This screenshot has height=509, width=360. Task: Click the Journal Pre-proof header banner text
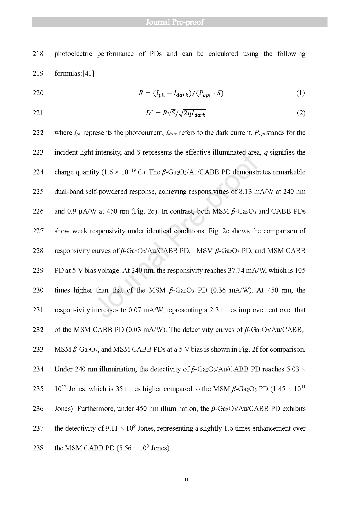point(175,22)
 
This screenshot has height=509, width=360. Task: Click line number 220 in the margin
point(38,93)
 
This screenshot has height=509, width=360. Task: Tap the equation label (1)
point(300,93)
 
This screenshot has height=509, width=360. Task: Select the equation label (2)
point(301,113)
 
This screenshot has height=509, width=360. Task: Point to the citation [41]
point(88,73)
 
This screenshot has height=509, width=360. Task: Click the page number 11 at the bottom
point(186,479)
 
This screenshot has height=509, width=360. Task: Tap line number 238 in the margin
point(38,448)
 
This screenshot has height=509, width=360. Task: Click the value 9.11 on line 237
point(112,428)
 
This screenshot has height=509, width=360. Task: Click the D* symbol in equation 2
point(149,113)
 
